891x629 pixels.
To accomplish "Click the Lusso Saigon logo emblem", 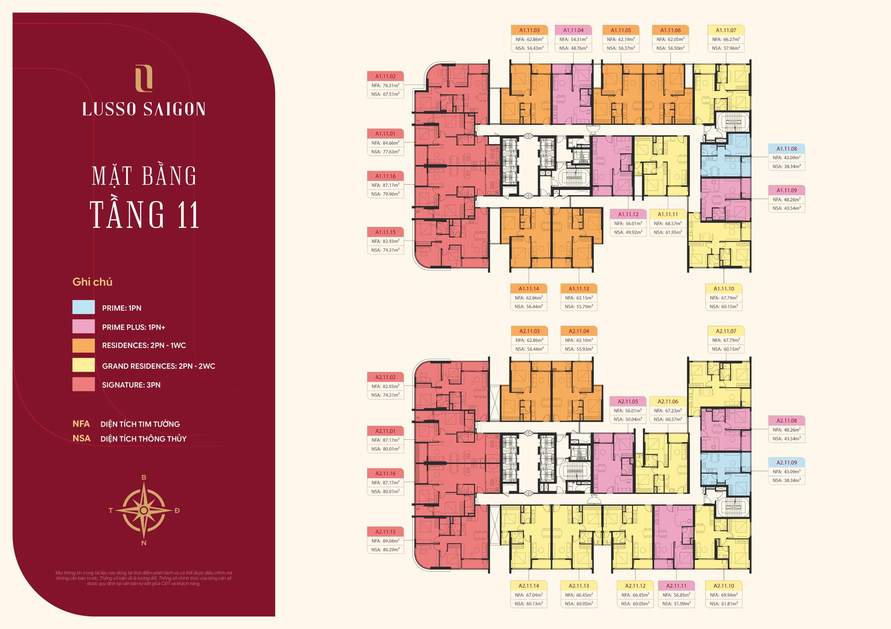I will pos(143,78).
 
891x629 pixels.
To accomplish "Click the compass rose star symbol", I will pos(144,510).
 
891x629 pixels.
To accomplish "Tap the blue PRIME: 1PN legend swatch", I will pos(83,307).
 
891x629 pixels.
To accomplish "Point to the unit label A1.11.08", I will pos(786,149).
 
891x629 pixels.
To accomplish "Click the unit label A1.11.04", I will pos(573,30).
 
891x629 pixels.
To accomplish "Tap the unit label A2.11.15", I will pos(385,532).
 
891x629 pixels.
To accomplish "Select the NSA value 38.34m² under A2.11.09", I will pos(786,480).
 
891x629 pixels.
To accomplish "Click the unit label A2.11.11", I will pos(676,586).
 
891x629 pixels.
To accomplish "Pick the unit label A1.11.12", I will pos(628,214).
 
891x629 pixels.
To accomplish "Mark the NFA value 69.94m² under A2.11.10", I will pos(724,595).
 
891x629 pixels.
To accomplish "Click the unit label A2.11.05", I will pos(628,402).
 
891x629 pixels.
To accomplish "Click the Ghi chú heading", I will pos(92,282).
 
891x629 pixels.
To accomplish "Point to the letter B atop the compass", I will pos(144,478).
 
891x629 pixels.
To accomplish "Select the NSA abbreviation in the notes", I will pos(81,439).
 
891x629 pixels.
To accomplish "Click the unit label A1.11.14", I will pos(529,289).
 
